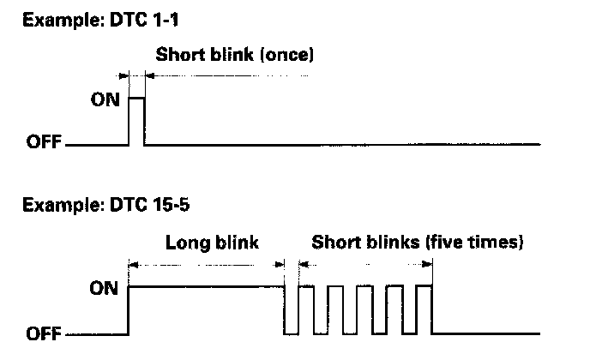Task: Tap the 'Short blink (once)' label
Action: point(236,57)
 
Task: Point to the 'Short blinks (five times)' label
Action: point(417,243)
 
